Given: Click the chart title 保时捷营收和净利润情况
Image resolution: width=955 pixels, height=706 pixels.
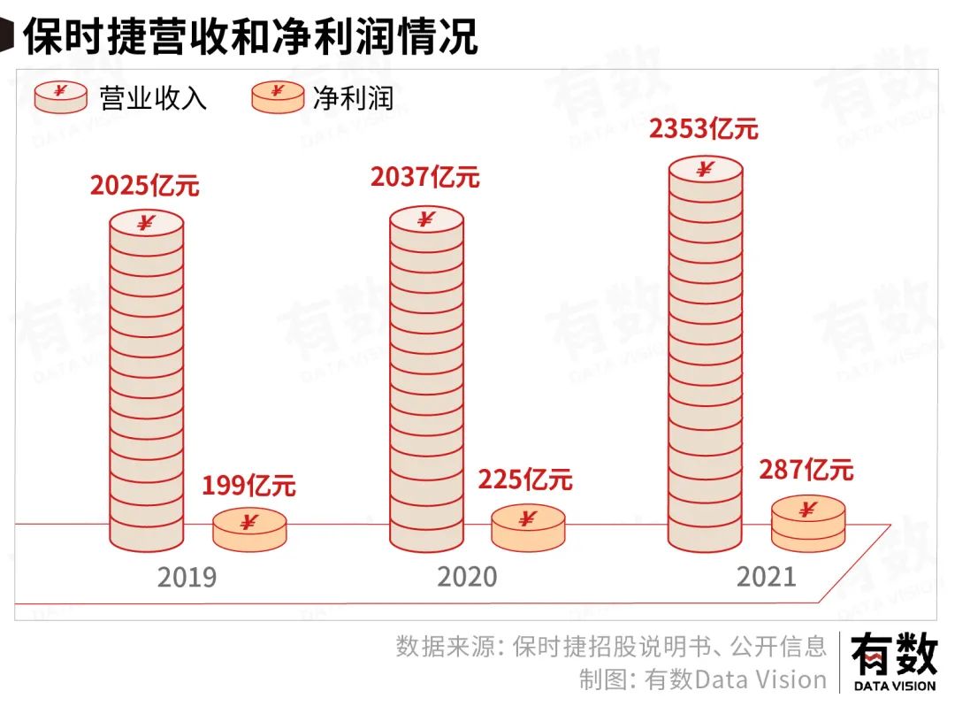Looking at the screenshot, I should coord(249,36).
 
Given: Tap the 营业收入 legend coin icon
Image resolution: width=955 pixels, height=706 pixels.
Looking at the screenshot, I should coord(60,96).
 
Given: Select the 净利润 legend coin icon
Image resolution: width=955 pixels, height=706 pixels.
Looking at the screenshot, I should coord(278,96).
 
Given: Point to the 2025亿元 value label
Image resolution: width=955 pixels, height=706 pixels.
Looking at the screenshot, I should coord(145,187).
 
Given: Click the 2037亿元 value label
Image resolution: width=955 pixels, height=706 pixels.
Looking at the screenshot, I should coord(425,177).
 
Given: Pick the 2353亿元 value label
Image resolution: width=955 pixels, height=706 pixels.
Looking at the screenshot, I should coord(704,129).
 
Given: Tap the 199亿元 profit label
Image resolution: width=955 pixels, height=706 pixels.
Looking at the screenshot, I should coord(248,486).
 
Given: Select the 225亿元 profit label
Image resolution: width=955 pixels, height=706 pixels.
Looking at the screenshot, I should coord(525,480).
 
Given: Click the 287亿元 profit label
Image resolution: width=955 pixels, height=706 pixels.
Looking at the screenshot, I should coord(806,471).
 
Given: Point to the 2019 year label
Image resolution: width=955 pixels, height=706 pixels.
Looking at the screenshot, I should coord(187,578).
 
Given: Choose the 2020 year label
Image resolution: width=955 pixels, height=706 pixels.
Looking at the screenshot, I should coord(467,578).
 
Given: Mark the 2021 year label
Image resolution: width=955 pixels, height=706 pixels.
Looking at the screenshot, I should coord(766,578).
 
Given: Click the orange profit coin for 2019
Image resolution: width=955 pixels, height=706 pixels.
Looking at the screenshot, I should coord(249,528).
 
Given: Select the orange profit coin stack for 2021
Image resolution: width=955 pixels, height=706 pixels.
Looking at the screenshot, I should coord(807,523).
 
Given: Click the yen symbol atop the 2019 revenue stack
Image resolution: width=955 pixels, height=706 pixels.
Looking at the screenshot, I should coord(147,222).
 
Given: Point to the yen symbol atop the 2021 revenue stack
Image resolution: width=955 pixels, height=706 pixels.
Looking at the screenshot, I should coord(705,168).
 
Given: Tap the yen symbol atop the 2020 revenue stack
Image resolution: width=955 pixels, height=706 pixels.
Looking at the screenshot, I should coord(426,219).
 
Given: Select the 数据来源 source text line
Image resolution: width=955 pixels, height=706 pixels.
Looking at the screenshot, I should coord(611,646).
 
